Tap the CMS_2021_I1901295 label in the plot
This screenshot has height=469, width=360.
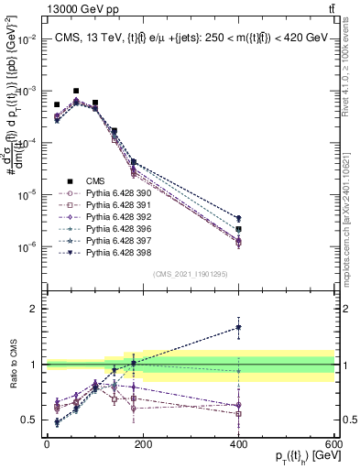point(191,273)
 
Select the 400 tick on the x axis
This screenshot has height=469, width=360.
point(238,444)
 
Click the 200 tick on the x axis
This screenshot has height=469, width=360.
point(142,444)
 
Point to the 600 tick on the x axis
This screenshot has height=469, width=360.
point(333,444)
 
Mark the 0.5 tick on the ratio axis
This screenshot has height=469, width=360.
point(31,420)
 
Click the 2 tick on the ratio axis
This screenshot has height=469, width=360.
point(36,309)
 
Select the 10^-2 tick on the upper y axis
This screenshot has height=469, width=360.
point(27,39)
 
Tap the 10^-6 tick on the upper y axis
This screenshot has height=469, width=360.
point(27,246)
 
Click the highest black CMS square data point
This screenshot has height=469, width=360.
point(76,91)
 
